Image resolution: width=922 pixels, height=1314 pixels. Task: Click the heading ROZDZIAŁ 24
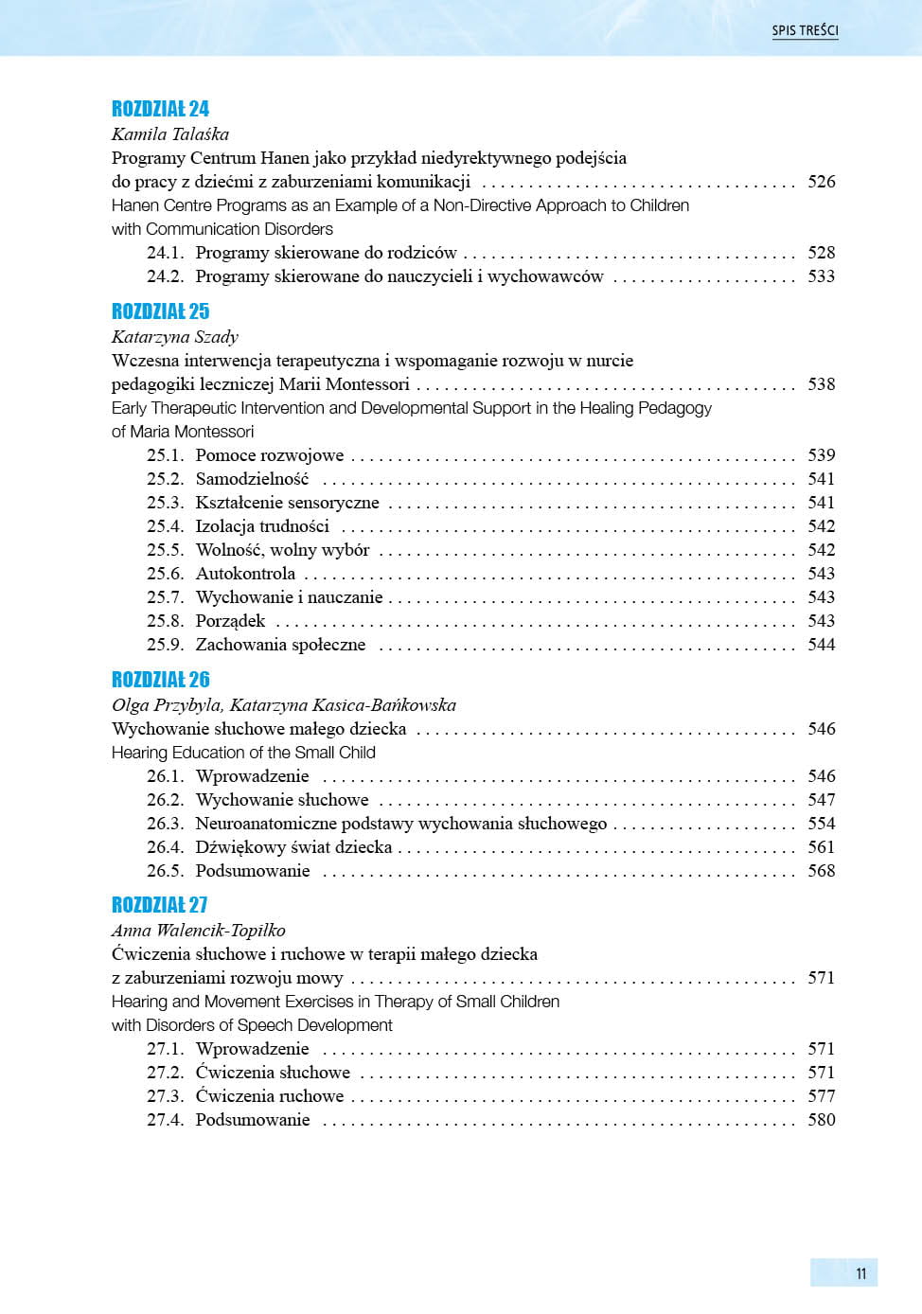[x=160, y=109]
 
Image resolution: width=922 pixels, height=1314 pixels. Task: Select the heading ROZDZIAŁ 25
[x=160, y=311]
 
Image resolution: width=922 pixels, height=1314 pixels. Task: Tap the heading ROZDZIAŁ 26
[x=160, y=680]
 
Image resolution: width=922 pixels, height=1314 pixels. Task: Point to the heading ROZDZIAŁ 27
[x=159, y=905]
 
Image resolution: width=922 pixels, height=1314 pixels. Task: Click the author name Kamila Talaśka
[x=170, y=134]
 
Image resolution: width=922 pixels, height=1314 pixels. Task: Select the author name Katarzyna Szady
[x=175, y=337]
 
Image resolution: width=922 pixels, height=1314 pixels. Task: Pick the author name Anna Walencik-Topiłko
[x=198, y=931]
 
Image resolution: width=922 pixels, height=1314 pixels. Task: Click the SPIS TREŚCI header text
[x=805, y=30]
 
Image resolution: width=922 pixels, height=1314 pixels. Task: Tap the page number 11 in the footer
[x=860, y=1273]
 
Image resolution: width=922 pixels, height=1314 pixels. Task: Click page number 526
[x=821, y=182]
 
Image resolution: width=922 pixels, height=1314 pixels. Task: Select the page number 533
[x=821, y=276]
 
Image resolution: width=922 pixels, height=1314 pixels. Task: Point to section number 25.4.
[x=165, y=526]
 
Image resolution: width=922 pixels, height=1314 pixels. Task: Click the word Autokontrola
[x=245, y=574]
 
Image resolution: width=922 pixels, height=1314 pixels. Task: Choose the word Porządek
[x=230, y=621]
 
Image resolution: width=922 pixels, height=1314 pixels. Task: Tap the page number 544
[x=821, y=645]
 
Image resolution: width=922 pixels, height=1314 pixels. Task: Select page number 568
[x=821, y=871]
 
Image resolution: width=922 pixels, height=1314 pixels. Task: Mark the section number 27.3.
[x=165, y=1096]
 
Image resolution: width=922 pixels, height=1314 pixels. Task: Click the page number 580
[x=821, y=1120]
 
